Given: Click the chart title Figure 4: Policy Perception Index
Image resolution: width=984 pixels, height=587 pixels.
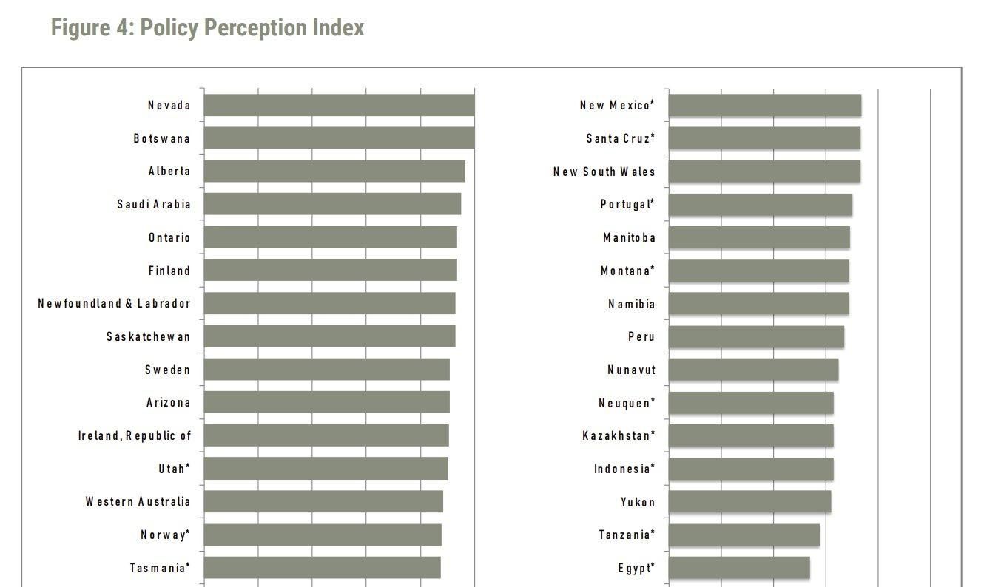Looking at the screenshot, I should click(208, 28).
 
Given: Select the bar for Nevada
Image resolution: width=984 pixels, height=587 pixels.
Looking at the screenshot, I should click(339, 105).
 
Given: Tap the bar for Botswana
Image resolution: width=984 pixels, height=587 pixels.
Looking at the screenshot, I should click(339, 138).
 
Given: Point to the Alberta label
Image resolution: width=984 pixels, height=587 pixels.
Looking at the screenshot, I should click(169, 172).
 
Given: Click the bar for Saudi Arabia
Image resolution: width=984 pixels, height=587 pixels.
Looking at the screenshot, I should click(332, 204).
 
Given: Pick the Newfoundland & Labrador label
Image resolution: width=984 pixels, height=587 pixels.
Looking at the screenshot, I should click(115, 304).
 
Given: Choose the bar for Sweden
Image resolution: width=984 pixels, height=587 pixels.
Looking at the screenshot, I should click(326, 370).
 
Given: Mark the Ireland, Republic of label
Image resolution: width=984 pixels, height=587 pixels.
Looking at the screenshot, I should click(135, 436).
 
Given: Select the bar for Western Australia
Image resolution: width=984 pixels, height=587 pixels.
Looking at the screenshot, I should click(323, 501).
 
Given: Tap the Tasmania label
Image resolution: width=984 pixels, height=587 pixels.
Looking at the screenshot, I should click(160, 569).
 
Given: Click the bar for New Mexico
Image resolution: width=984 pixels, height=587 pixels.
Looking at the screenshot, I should click(764, 106).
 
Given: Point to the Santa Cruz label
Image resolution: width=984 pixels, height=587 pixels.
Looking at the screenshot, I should click(621, 139).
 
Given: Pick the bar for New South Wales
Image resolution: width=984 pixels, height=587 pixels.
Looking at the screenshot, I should click(764, 172).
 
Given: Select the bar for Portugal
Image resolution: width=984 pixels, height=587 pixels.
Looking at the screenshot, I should click(760, 205).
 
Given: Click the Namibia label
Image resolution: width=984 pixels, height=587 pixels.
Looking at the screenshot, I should click(632, 305).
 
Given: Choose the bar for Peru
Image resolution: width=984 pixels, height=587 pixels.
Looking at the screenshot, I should click(756, 337).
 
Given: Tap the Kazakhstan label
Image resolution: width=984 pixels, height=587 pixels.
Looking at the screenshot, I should click(619, 436).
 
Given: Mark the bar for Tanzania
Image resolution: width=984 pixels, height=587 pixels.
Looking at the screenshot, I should click(744, 535).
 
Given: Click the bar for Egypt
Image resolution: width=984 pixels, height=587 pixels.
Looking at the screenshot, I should click(738, 568).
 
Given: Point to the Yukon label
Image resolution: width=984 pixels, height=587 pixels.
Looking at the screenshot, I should click(638, 503).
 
